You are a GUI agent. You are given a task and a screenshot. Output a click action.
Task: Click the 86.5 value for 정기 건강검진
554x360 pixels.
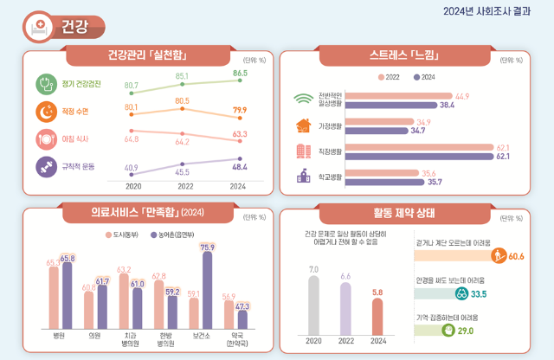point(240,74)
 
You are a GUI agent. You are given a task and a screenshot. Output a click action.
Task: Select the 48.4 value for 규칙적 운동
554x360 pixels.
point(240,165)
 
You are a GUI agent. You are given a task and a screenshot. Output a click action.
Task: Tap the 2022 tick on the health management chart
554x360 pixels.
point(183,186)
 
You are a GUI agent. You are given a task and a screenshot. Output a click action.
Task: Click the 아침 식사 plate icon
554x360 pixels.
point(45,138)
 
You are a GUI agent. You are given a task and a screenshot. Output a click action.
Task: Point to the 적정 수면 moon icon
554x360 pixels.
point(45,111)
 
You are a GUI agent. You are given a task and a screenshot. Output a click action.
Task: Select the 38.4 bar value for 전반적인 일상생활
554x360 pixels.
point(448,105)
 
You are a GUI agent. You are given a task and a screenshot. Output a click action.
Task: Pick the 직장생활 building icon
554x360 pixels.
point(303,151)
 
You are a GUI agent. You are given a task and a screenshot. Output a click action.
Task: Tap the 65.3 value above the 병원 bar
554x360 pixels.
point(52,261)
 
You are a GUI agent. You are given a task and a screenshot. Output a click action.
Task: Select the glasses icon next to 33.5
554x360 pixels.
point(486,293)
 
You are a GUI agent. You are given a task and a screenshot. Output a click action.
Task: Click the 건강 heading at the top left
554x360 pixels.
point(75,26)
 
